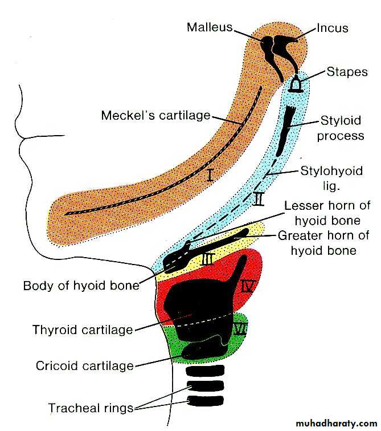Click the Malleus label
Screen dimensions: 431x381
209,27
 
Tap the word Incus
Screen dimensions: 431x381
332,27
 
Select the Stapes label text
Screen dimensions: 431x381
347,72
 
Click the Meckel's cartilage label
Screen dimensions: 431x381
155,115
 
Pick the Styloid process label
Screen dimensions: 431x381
341,128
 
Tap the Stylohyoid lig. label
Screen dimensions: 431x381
329,176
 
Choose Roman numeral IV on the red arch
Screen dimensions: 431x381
247,286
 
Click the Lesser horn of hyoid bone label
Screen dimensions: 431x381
327,213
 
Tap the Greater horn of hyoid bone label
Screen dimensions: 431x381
323,242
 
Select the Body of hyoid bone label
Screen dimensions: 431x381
81,285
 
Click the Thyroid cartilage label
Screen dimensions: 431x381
83,330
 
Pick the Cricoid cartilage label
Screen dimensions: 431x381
84,365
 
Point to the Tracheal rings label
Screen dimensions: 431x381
91,408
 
